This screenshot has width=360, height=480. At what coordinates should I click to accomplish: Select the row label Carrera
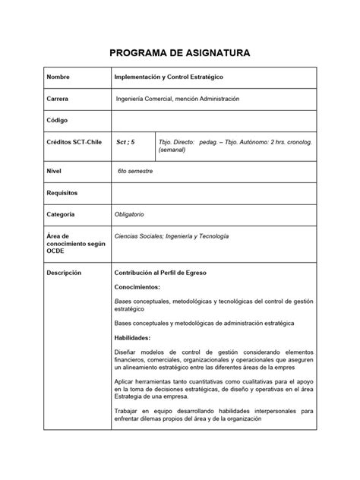[x=58, y=99]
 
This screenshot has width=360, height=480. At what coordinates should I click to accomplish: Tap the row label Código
[x=58, y=120]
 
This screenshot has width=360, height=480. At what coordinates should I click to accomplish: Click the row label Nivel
[x=55, y=172]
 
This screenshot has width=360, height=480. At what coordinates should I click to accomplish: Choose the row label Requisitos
[x=63, y=193]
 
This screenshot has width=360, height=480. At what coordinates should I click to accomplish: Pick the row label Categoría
[x=62, y=214]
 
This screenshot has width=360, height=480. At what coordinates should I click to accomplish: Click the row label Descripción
[x=64, y=272]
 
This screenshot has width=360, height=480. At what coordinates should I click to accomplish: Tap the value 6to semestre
[x=136, y=172]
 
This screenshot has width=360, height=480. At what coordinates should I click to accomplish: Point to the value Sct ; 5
[x=125, y=141]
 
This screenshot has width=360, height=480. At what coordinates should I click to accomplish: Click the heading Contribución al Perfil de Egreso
[x=165, y=272]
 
